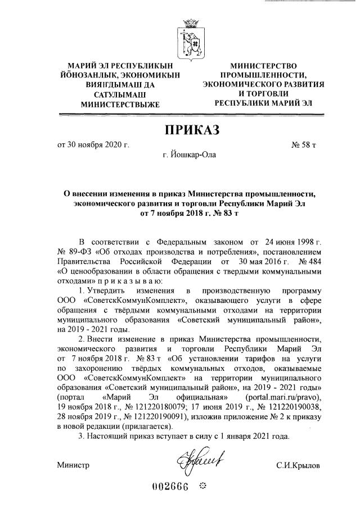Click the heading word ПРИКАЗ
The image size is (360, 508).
coord(191,131)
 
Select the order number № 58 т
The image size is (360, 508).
coord(304,145)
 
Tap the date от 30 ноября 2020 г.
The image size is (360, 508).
coord(93,145)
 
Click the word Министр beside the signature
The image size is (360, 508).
coord(73,466)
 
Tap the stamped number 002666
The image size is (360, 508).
coord(171,487)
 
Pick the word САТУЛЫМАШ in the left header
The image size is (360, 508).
coord(112,94)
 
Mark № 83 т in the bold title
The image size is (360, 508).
coord(226,214)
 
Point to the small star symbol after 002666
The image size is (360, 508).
coord(204,487)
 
